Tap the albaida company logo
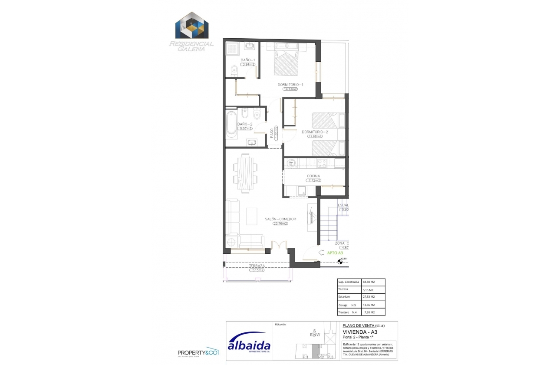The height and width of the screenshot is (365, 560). click(x=249, y=345)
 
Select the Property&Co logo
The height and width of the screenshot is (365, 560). click(x=198, y=353)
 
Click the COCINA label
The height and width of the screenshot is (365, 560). click(x=313, y=176)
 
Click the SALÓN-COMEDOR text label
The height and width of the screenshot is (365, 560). click(x=280, y=219)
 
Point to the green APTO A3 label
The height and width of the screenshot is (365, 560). click(x=335, y=252)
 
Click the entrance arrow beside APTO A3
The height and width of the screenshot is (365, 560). click(x=321, y=252)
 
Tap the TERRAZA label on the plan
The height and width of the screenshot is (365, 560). click(x=257, y=266)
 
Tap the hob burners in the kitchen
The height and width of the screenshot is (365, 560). click(x=322, y=163)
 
